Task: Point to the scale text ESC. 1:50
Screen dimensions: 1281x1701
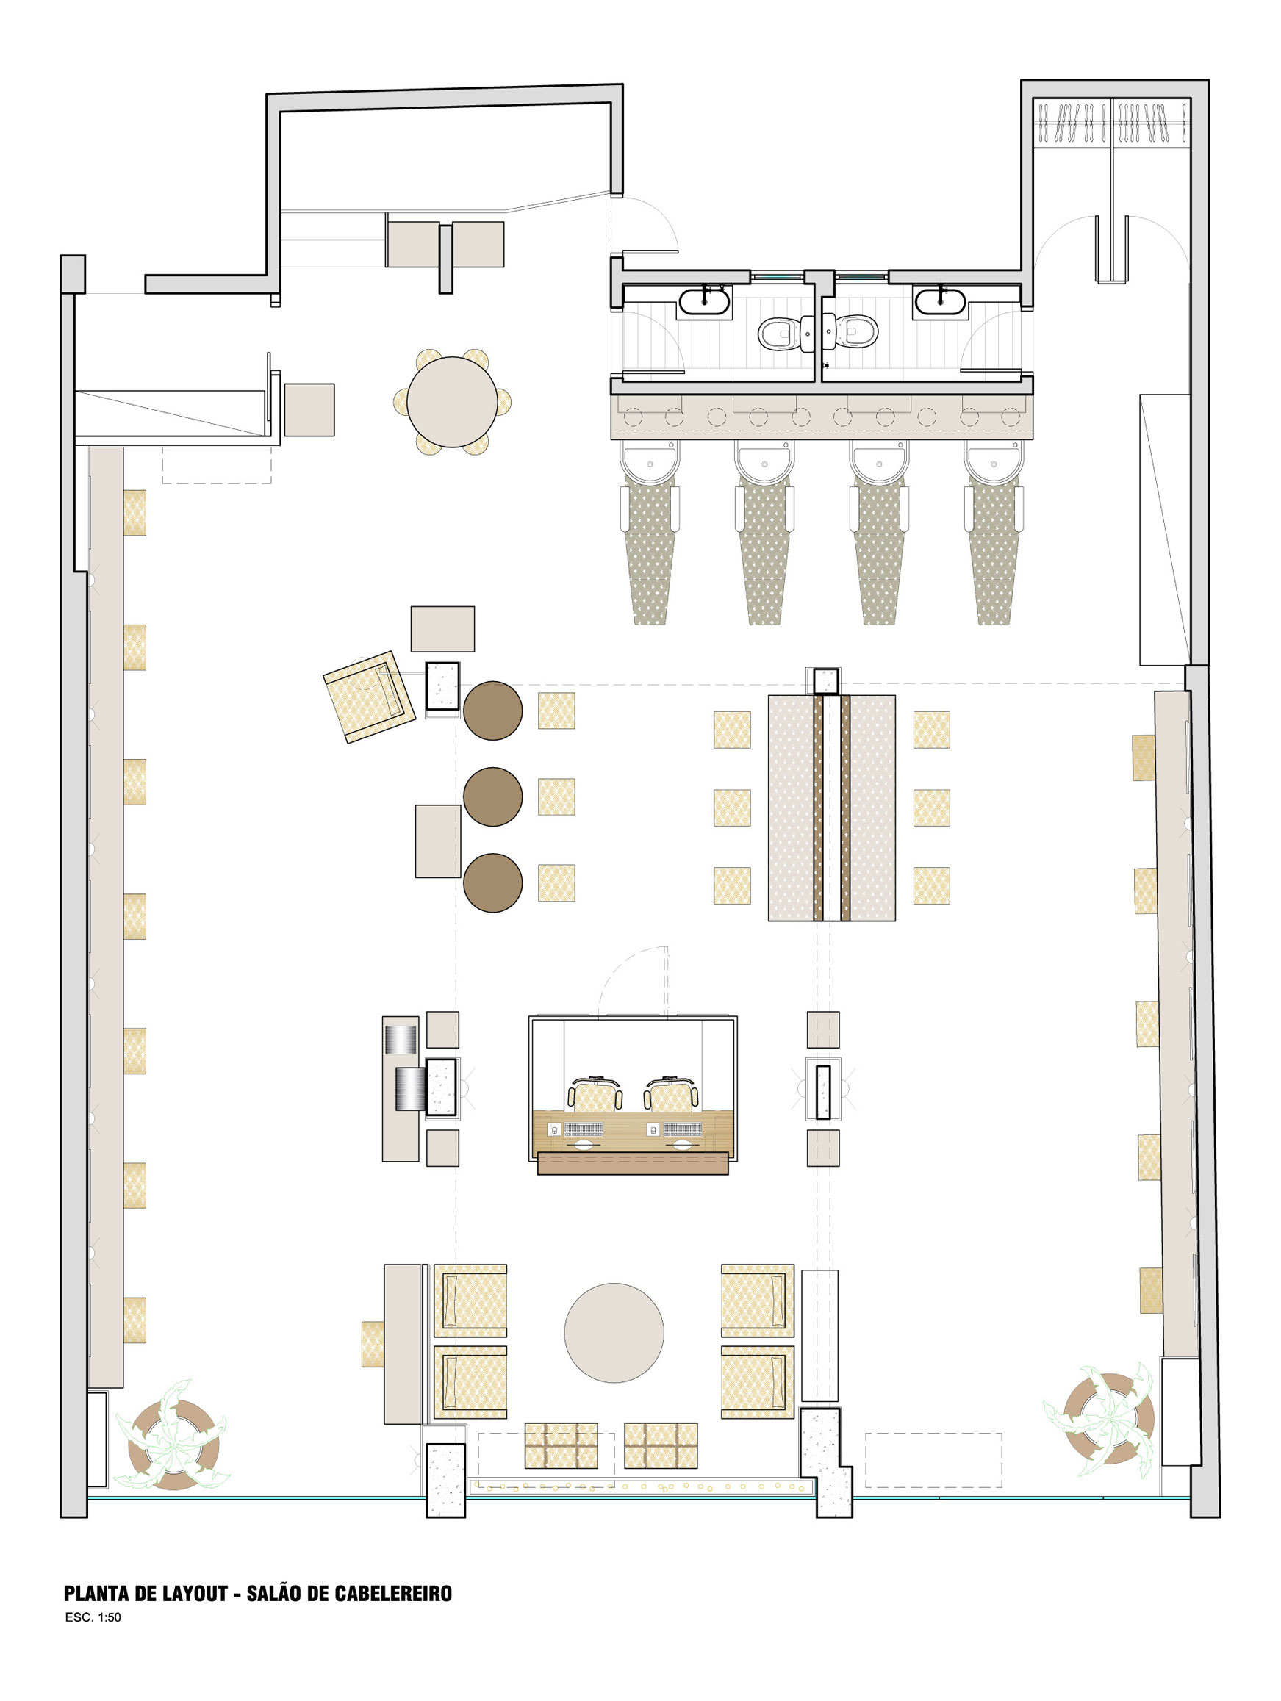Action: tap(93, 1617)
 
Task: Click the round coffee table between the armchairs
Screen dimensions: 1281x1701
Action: tap(614, 1332)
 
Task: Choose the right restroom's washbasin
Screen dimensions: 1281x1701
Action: tap(940, 301)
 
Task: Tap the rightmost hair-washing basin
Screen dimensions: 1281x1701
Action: tap(994, 462)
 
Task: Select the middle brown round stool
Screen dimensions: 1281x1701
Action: tap(493, 796)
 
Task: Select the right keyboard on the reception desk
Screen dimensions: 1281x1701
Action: tap(683, 1129)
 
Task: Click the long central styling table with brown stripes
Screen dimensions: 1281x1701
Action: tap(832, 808)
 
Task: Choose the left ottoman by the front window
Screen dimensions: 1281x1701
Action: tap(561, 1445)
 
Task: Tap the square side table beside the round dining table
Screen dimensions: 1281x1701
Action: tap(309, 410)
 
